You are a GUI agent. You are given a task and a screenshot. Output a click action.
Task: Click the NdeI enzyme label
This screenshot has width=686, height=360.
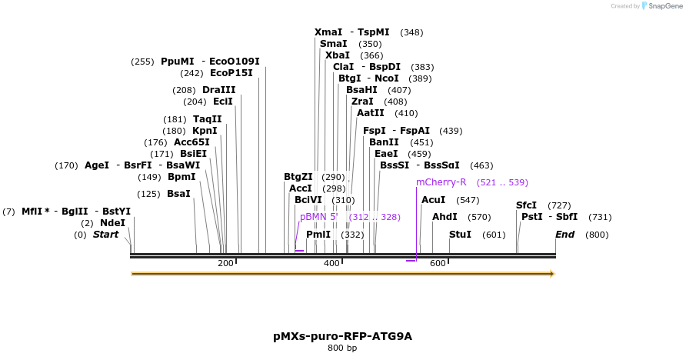(112, 222)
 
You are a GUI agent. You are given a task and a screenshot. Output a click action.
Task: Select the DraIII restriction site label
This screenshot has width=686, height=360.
(219, 90)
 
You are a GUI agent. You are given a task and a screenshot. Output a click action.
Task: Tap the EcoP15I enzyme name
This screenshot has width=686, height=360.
(231, 73)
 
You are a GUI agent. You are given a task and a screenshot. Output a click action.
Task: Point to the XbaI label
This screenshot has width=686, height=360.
(338, 55)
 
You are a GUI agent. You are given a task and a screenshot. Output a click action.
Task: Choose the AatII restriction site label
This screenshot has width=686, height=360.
(371, 113)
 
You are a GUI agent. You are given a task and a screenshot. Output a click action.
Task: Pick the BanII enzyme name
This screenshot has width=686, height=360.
(385, 142)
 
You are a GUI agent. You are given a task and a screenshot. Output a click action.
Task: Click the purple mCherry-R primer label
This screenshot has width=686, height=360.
(441, 182)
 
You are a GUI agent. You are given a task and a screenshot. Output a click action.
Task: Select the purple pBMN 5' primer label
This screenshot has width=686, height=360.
(319, 217)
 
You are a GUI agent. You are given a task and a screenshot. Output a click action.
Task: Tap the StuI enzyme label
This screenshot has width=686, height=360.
(460, 234)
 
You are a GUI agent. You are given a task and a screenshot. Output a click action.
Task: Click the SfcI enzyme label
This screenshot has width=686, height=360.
(526, 205)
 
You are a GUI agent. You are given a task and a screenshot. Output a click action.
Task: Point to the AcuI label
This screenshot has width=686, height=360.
(434, 200)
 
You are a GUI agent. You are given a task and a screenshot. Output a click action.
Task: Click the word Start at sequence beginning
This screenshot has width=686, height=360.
(106, 234)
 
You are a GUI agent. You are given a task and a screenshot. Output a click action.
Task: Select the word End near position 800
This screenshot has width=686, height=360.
(565, 234)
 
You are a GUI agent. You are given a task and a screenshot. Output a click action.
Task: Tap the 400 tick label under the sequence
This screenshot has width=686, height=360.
(331, 264)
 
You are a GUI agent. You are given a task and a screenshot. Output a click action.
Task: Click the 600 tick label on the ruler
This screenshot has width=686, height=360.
(438, 264)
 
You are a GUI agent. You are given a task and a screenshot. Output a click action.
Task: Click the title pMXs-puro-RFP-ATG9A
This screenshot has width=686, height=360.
(338, 336)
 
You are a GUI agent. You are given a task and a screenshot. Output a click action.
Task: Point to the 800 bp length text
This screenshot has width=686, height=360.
(342, 348)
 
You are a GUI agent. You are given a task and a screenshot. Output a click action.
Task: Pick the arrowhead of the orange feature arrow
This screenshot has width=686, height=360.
(551, 273)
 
